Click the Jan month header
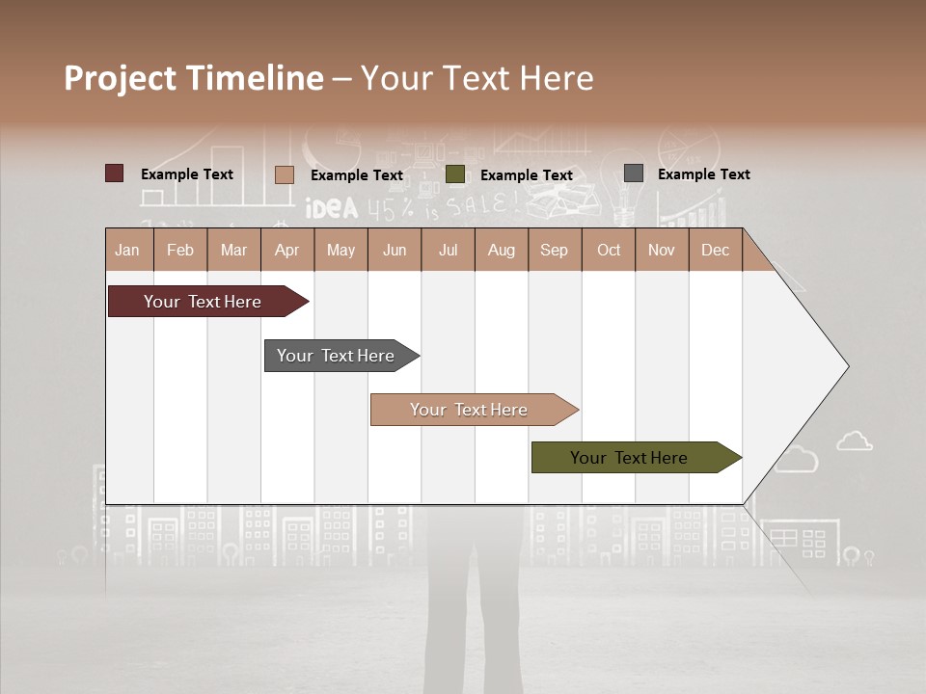pyautogui.click(x=127, y=250)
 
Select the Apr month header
pyautogui.click(x=286, y=250)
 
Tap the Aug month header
pyautogui.click(x=501, y=250)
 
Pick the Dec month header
pyautogui.click(x=715, y=250)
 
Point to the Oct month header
pyautogui.click(x=608, y=250)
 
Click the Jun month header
pyautogui.click(x=394, y=250)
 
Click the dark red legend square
pyautogui.click(x=114, y=173)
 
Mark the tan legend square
pyautogui.click(x=284, y=174)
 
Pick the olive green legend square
pyautogui.click(x=455, y=174)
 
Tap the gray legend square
pyautogui.click(x=634, y=173)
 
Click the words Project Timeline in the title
pyautogui.click(x=193, y=78)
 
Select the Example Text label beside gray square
pyautogui.click(x=703, y=173)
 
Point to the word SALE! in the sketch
pyautogui.click(x=482, y=204)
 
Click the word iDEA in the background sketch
pyautogui.click(x=331, y=208)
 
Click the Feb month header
pyautogui.click(x=180, y=250)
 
